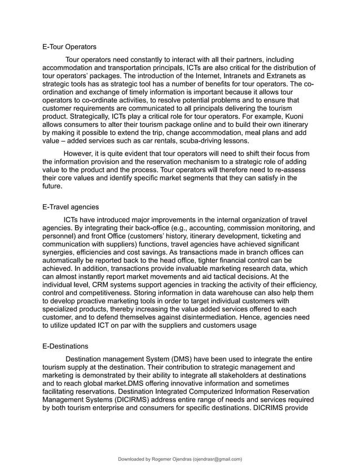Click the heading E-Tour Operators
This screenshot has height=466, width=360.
pyautogui.click(x=69, y=46)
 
